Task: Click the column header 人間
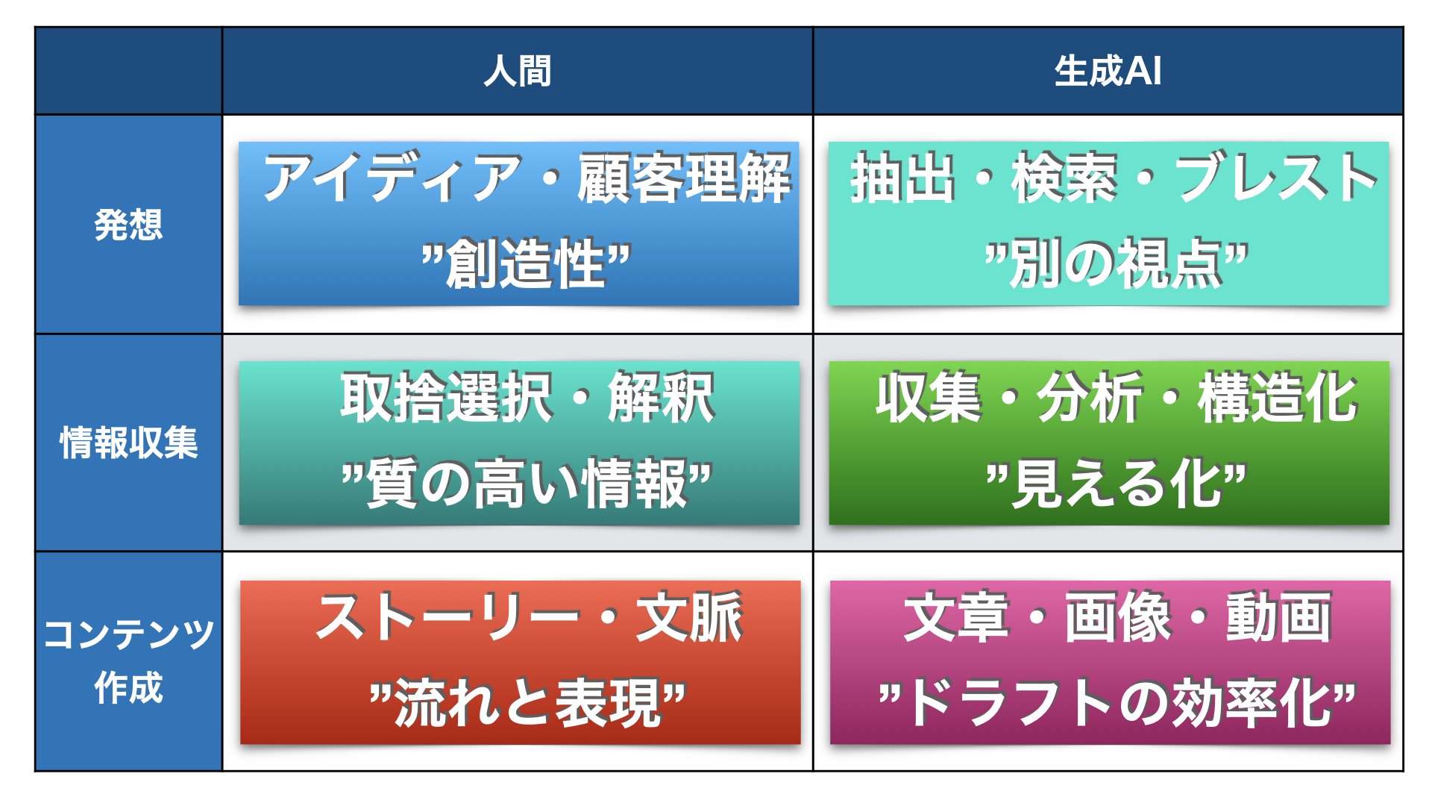517,72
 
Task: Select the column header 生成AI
1108,72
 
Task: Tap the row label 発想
128,225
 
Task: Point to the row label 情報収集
128,443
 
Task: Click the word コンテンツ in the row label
128,634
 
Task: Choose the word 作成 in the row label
128,688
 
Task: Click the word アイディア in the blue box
392,178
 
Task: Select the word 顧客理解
684,178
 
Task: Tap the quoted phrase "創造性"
526,263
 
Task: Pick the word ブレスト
1276,178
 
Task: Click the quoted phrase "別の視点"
1116,263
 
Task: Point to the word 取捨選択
447,397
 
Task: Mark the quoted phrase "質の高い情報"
526,483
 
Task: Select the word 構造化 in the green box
1277,397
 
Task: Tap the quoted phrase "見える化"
1116,483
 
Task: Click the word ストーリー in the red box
447,617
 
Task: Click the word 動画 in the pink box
1278,617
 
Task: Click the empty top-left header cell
128,71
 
